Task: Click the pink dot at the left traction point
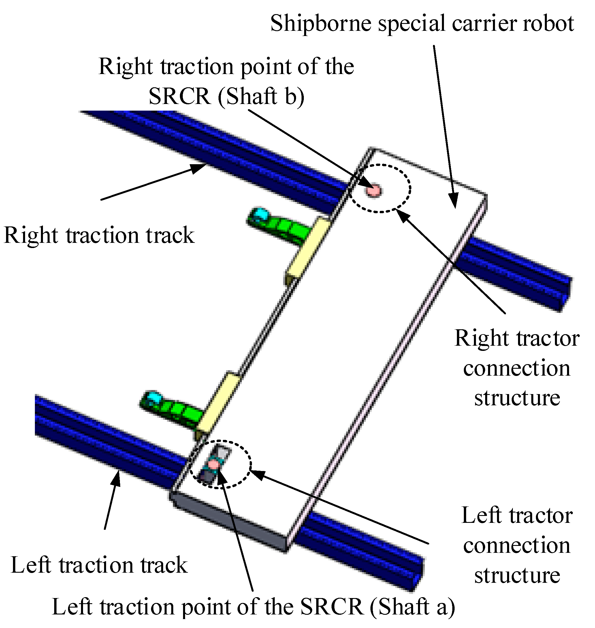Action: point(213,464)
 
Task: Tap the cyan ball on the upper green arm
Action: point(261,214)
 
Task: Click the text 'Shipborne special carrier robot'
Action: point(421,24)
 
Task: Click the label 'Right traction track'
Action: point(99,236)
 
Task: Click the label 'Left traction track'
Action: point(99,565)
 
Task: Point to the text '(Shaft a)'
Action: point(412,607)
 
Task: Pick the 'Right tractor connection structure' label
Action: point(517,368)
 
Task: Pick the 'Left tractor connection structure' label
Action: point(517,545)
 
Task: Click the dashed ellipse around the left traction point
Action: point(251,464)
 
